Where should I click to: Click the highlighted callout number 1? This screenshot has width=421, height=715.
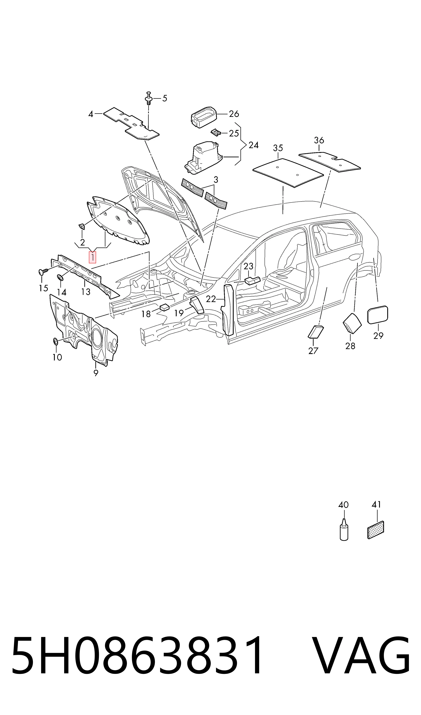pyautogui.click(x=92, y=257)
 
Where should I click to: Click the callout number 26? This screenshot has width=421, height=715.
pyautogui.click(x=234, y=114)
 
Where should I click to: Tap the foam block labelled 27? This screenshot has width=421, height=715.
pyautogui.click(x=316, y=332)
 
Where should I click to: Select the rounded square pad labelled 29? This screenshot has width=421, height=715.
pyautogui.click(x=378, y=315)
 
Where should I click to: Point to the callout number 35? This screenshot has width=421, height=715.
pyautogui.click(x=278, y=148)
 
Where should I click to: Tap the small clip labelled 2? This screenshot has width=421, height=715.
pyautogui.click(x=82, y=226)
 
